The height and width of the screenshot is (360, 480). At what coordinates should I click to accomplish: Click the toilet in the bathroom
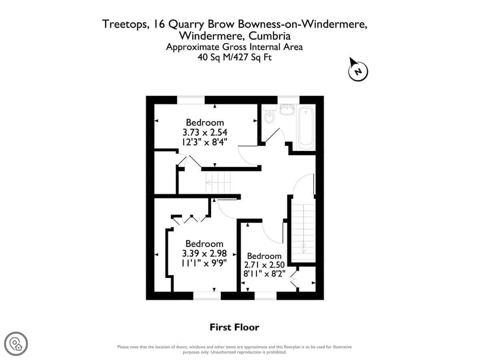269,114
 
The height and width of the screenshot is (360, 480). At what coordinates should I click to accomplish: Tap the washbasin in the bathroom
287,110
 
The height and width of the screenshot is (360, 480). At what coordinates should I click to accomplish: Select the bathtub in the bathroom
306,128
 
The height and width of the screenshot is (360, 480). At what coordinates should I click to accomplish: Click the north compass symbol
358,70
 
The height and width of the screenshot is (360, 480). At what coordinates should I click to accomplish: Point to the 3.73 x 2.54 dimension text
205,132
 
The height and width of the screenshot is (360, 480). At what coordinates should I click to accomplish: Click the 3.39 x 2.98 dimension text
204,254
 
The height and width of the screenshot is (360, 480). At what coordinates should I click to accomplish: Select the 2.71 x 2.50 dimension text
264,265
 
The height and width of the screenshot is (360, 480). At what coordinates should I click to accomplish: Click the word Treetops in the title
125,24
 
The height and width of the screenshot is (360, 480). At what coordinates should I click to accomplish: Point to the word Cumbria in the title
270,36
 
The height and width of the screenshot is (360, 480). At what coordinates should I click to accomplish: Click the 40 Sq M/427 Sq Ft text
234,58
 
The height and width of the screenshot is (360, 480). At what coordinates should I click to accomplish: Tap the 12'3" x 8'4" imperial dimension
205,142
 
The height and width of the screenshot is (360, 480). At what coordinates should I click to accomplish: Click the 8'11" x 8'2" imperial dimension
264,274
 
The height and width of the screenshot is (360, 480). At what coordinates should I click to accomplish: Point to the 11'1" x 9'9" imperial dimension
204,263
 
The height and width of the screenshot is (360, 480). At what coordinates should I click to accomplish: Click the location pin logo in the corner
16,344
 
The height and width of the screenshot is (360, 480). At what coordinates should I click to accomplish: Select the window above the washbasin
288,100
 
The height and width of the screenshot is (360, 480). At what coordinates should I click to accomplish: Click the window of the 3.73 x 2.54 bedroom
191,100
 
